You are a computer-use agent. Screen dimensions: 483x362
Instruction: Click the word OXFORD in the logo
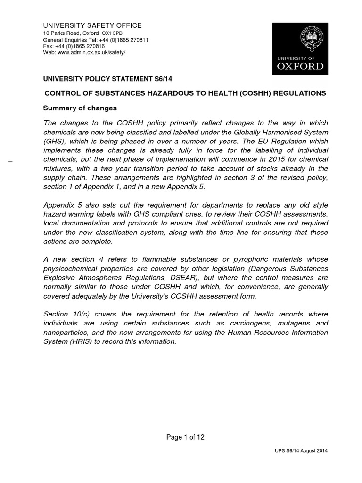(298, 66)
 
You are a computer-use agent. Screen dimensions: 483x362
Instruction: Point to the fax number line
(74, 46)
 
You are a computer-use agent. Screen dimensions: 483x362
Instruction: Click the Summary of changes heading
(80, 108)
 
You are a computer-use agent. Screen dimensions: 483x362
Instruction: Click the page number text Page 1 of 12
(185, 437)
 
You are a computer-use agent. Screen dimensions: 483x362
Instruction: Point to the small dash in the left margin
(10, 162)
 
